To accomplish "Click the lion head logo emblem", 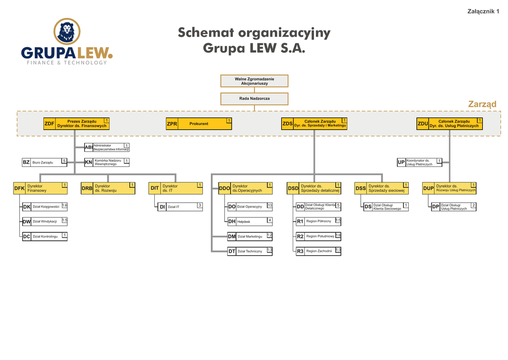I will point(67,31).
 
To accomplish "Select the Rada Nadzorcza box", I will point(254,99).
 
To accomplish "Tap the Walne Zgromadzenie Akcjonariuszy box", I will point(254,81).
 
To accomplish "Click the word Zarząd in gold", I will point(482,104).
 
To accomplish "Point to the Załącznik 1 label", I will point(483,11).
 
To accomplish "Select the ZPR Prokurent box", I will point(199,124).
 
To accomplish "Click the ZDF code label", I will point(49,124).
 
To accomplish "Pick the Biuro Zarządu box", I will point(45,162).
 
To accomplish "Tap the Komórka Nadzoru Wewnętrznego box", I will point(107,162).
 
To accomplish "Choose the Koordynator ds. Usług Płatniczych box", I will point(420,162).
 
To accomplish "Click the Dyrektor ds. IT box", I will point(176,188).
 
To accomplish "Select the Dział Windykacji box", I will point(45,221).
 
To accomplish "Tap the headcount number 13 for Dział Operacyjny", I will point(269,206).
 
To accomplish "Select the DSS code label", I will point(361,189).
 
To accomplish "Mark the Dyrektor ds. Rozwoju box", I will point(108,188).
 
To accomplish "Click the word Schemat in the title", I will point(205,33).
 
